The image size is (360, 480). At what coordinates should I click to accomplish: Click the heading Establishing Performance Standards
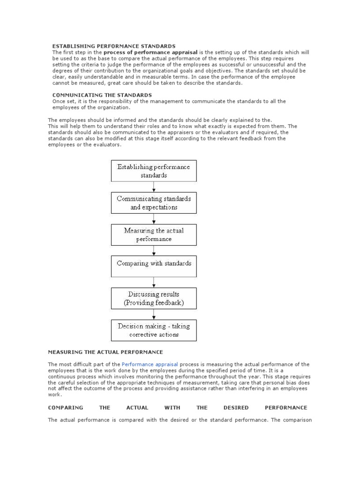click(113, 46)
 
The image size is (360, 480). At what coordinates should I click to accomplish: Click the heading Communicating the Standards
click(102, 95)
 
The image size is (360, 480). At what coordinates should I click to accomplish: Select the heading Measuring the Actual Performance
click(105, 352)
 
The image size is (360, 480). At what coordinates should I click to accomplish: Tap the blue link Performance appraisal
click(150, 364)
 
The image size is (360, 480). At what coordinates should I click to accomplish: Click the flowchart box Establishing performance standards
click(154, 171)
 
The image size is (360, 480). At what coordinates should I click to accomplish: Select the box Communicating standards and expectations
click(154, 202)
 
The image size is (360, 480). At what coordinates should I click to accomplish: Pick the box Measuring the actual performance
click(154, 234)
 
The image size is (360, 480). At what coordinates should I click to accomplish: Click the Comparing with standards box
click(154, 266)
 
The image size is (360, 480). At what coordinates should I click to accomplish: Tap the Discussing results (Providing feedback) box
click(154, 298)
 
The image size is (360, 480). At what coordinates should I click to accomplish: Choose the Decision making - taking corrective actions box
click(154, 330)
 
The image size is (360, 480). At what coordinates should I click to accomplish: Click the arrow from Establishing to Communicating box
click(154, 187)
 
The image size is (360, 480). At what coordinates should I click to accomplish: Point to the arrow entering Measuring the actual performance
click(154, 218)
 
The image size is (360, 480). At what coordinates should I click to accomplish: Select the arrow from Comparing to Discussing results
click(154, 282)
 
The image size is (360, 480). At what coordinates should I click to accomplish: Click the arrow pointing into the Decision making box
click(154, 314)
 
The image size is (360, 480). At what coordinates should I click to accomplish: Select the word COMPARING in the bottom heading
click(66, 407)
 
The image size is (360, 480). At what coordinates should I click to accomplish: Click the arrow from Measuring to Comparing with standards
click(154, 250)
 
